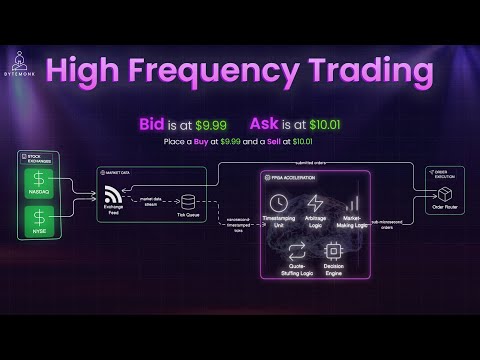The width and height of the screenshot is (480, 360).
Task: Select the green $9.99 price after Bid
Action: tap(211, 124)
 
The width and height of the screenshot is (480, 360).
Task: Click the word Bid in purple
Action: tap(153, 124)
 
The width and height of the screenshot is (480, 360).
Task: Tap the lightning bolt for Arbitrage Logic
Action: tap(314, 202)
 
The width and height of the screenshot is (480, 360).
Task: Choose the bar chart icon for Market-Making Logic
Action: tap(352, 202)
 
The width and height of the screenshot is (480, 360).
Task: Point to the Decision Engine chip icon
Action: tap(333, 250)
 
